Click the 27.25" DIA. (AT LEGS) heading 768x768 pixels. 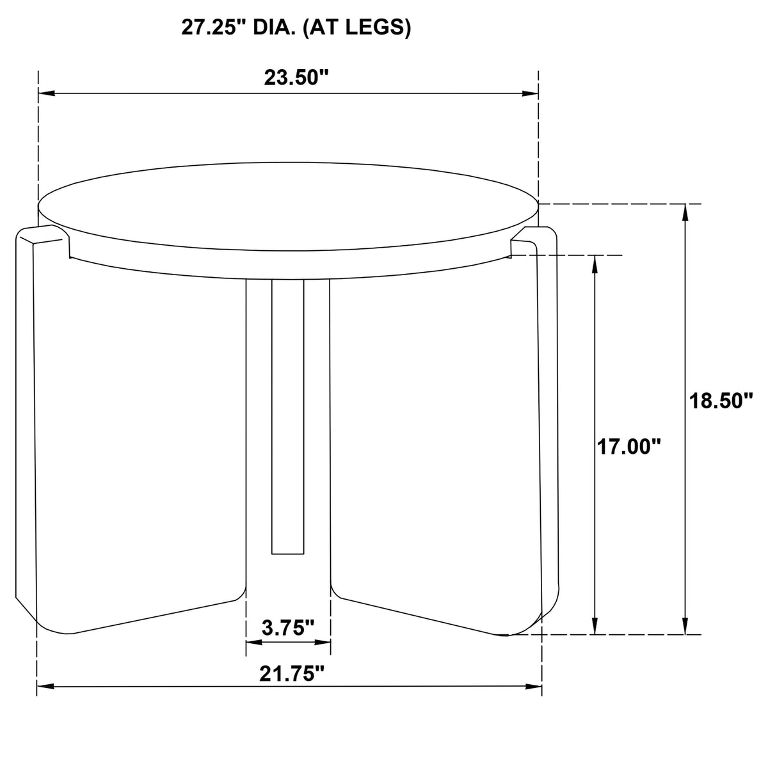click(x=296, y=28)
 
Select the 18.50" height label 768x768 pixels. click(x=721, y=401)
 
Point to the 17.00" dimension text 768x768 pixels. click(x=628, y=447)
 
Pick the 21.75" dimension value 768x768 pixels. click(x=292, y=674)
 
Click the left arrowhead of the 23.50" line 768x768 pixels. click(x=46, y=93)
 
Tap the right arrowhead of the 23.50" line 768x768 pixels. click(x=530, y=93)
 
